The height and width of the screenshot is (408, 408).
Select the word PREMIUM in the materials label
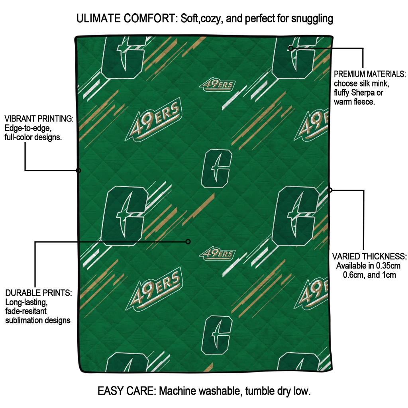(x=349, y=74)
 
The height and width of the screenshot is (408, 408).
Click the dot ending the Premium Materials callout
(x=291, y=48)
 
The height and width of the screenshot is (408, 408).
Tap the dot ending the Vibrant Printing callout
(x=78, y=171)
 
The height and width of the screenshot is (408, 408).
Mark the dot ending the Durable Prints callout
(x=188, y=241)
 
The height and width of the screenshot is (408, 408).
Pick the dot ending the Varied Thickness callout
(x=330, y=190)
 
